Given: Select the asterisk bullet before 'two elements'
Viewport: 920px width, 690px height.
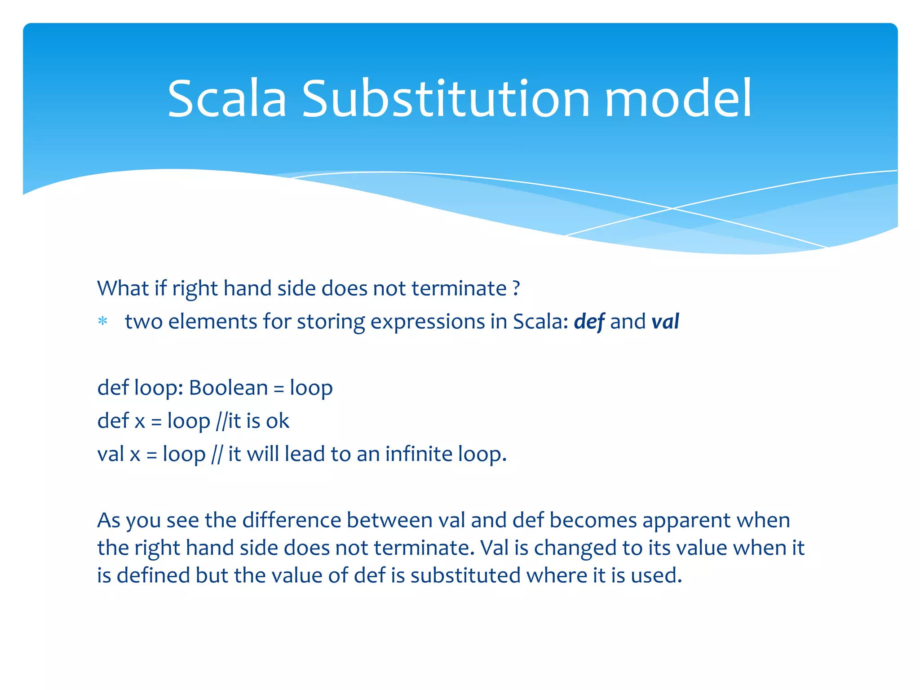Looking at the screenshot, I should (103, 322).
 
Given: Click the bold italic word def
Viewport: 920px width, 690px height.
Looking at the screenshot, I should (589, 322).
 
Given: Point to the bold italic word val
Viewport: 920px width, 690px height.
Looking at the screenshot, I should (665, 322).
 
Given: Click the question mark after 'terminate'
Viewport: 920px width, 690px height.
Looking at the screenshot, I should (516, 288).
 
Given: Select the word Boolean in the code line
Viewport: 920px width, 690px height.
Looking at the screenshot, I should (228, 388).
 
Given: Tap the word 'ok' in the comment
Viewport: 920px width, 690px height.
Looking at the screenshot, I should (278, 421).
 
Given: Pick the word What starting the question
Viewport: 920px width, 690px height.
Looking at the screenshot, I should (123, 288).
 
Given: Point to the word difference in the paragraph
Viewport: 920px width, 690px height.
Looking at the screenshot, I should (292, 520).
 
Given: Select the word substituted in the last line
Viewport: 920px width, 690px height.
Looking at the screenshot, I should (465, 575).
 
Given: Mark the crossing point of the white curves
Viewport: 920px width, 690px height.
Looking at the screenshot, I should (672, 208).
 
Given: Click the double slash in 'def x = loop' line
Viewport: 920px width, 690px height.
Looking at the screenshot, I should (221, 421).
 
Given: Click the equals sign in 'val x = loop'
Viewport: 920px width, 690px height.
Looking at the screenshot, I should (151, 455).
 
